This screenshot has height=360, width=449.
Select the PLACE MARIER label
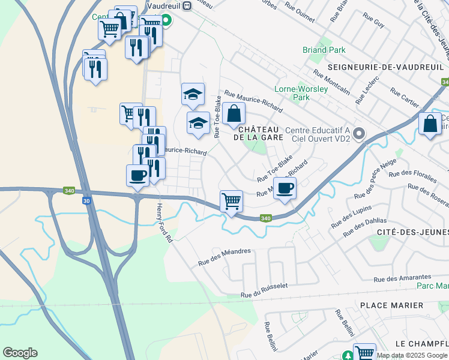(391, 305)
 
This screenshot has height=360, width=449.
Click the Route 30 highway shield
(86, 201)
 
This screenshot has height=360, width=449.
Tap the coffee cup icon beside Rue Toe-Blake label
(285, 188)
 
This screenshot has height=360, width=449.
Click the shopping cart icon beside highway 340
(231, 201)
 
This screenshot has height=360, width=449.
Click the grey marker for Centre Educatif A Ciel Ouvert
(360, 132)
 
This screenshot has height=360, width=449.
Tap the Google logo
(20, 353)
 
